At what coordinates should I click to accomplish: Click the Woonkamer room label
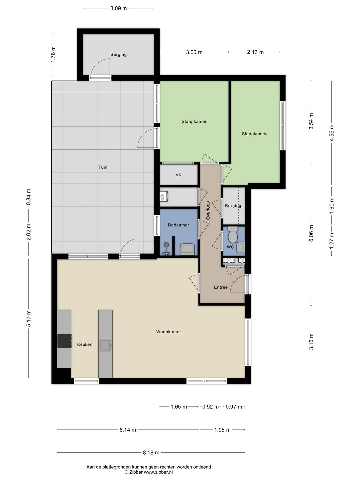pos(169,332)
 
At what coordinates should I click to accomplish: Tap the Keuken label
pos(85,344)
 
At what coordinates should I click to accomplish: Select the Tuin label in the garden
pos(103,167)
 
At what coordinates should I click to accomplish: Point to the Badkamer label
pos(178,225)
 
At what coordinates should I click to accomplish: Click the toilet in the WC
pos(233,235)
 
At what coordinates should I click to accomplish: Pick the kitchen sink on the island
pos(106,345)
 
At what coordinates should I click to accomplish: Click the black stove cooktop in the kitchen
pos(64,341)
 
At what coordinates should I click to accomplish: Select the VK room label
pos(178,175)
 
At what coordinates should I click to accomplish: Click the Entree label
pos(221,287)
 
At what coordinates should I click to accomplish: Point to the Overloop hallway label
pos(208,210)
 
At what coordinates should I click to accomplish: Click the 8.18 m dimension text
pos(151,452)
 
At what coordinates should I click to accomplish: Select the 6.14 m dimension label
pos(128,430)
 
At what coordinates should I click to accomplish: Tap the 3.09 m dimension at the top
pos(118,8)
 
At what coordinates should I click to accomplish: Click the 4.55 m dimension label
pos(332,133)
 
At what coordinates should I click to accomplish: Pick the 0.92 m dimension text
pos(210,407)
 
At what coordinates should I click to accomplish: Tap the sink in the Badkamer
pos(187,249)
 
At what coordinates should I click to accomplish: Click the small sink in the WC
pos(241,247)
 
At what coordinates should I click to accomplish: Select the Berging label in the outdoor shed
pos(118,54)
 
